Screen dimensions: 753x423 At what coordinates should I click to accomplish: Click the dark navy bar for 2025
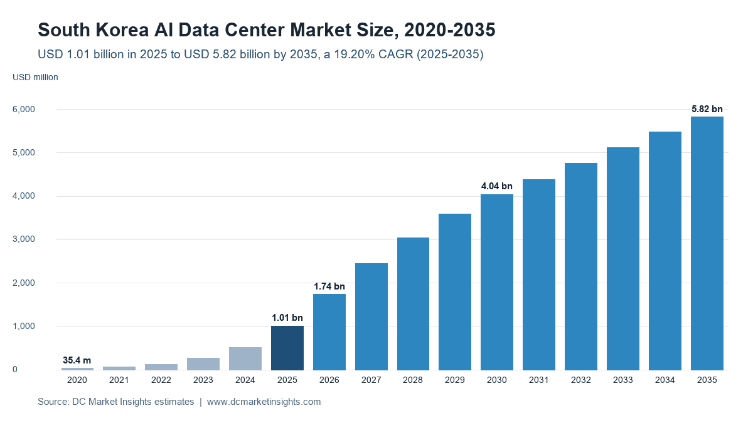(x=287, y=348)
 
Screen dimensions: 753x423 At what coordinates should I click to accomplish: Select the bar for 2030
(x=497, y=282)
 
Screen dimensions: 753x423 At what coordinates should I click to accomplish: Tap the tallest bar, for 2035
(x=707, y=243)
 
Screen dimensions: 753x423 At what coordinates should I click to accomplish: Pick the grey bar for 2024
(x=245, y=358)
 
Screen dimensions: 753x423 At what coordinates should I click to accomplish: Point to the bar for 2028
(x=413, y=304)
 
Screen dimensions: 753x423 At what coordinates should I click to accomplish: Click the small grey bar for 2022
(x=161, y=367)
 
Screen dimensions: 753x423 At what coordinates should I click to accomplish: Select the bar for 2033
(x=623, y=258)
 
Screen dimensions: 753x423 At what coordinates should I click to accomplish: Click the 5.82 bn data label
(x=707, y=109)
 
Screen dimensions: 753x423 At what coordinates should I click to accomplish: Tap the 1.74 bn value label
(x=329, y=286)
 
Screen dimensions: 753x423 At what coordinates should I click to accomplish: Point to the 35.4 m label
(x=77, y=360)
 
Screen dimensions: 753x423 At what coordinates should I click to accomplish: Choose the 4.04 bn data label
(x=497, y=186)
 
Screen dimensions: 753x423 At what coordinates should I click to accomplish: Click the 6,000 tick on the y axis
(x=24, y=109)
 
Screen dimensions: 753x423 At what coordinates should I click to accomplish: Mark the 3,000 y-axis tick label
(x=24, y=239)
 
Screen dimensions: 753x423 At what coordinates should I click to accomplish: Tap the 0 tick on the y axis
(x=15, y=369)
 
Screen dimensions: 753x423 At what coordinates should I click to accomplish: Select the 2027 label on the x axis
(x=371, y=380)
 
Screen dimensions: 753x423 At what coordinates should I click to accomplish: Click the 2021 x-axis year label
(x=119, y=380)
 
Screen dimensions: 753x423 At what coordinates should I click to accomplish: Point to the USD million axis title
(x=35, y=77)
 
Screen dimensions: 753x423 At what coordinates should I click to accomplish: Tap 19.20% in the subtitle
(x=355, y=54)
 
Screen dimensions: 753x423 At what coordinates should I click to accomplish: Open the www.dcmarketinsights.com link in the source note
(x=264, y=402)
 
